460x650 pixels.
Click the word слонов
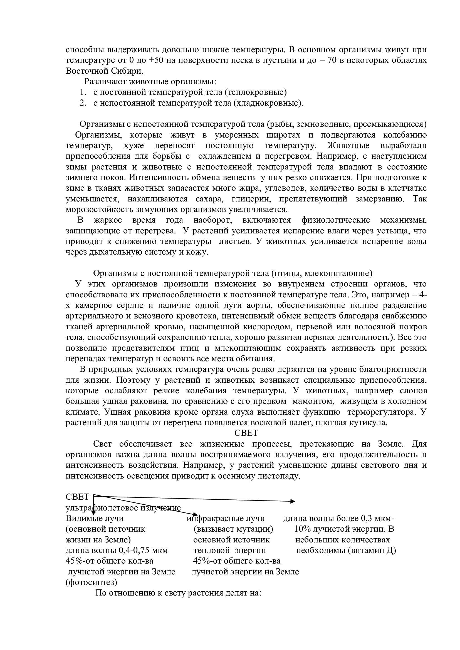click(413, 391)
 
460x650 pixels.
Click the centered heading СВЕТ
click(246, 434)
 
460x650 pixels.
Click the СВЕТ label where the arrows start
click(77, 497)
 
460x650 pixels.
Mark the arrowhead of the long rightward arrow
click(293, 501)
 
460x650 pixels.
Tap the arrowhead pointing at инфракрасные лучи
click(195, 514)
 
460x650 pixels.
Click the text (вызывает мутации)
click(233, 529)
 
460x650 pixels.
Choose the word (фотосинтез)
click(91, 583)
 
